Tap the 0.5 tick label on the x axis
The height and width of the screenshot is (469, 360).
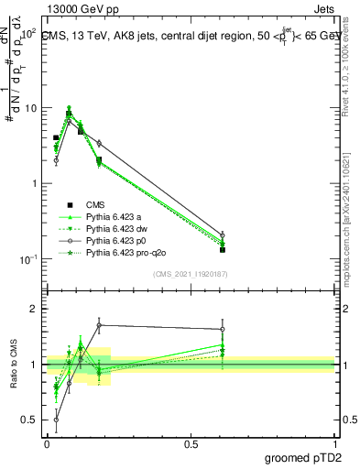click(191, 442)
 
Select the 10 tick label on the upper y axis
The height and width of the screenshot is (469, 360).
click(30, 108)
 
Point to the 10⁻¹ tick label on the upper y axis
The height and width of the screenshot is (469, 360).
click(28, 259)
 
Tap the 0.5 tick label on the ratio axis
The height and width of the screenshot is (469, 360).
click(29, 420)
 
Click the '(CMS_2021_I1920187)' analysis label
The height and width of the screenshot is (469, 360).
click(190, 274)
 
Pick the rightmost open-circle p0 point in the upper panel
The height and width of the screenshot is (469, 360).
click(223, 235)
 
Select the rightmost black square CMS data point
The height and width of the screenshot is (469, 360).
click(223, 249)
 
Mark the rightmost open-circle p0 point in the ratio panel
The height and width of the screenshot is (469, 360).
click(223, 329)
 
